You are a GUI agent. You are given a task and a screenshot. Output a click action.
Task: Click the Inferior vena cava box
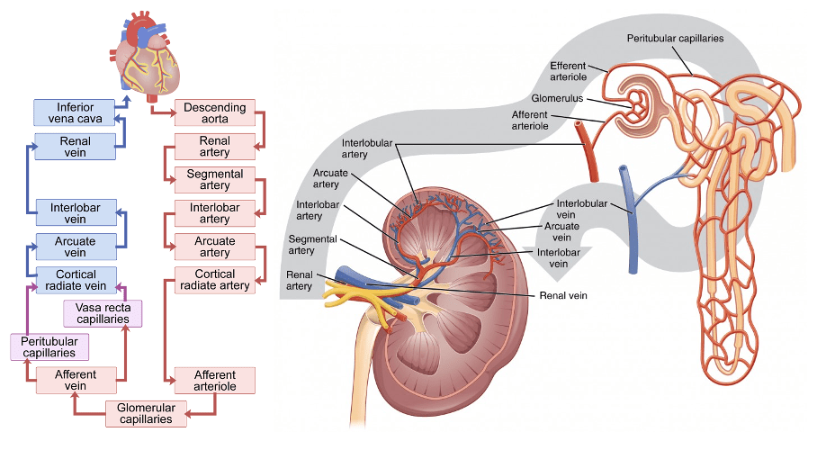(76, 112)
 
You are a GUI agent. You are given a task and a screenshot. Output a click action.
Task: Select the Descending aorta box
(214, 112)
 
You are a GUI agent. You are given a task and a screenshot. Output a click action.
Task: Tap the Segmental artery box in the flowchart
(214, 180)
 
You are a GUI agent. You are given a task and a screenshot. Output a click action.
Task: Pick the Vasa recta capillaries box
(103, 313)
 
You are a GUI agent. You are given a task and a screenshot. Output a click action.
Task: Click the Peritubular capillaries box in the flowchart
(49, 346)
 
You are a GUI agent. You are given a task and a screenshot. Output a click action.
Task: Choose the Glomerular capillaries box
(146, 414)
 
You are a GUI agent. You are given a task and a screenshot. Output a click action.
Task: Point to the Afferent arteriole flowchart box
(214, 380)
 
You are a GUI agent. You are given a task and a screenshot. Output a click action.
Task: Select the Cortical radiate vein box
(76, 280)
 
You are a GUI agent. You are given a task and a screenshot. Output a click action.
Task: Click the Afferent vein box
(76, 380)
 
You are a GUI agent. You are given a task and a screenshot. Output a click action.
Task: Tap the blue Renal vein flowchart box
(76, 147)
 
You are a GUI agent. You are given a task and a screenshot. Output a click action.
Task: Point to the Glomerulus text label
(558, 97)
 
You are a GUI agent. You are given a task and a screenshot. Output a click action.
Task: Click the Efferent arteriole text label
(568, 71)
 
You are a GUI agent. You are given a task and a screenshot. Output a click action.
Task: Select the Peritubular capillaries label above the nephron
(675, 38)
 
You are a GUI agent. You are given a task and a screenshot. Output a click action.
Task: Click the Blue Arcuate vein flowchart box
(76, 247)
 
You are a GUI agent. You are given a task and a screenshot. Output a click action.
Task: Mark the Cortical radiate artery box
(214, 280)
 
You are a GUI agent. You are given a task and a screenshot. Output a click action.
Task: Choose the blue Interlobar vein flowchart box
(76, 213)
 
